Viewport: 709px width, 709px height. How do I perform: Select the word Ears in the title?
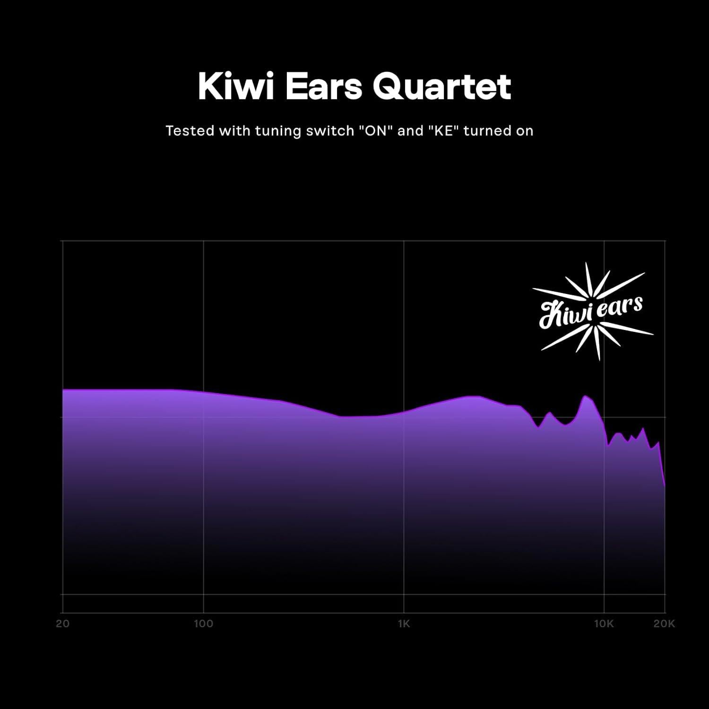tap(322, 86)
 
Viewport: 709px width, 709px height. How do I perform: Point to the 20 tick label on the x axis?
tap(62, 624)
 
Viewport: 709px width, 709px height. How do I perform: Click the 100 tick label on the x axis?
tap(203, 624)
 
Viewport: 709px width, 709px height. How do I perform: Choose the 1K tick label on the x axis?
tap(404, 624)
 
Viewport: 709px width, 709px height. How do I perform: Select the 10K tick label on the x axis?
tap(604, 624)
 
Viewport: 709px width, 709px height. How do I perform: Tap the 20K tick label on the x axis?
tap(664, 624)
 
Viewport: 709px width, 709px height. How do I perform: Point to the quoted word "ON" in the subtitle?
tap(376, 131)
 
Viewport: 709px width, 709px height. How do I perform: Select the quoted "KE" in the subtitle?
tap(444, 131)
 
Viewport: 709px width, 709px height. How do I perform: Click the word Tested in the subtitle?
tap(190, 131)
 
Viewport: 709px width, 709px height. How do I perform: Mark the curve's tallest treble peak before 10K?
tap(585, 396)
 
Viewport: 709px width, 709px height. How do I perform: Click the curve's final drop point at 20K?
tap(665, 486)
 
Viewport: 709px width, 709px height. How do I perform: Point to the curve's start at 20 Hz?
tap(63, 390)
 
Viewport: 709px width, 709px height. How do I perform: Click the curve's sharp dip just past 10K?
tap(608, 445)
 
